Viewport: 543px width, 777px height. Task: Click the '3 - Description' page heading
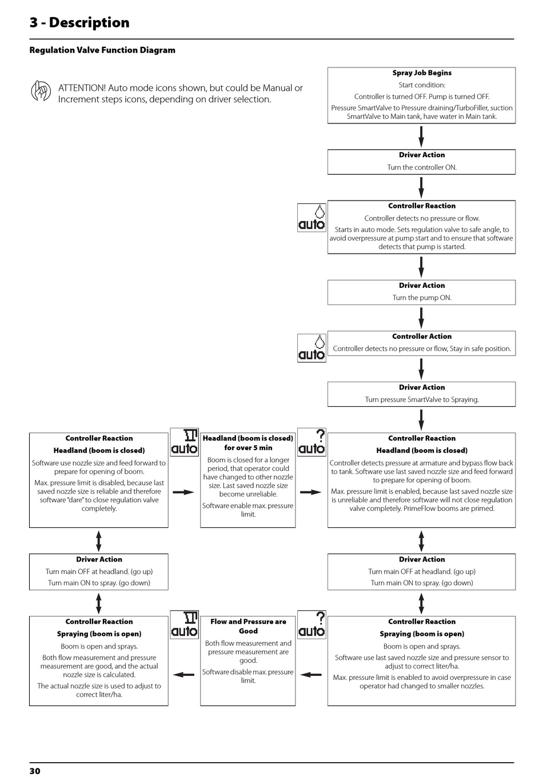[x=79, y=22]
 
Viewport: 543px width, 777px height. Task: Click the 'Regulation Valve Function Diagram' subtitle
[x=102, y=50]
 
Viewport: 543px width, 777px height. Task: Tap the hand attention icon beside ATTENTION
[x=41, y=90]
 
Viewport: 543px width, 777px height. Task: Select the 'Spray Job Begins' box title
[x=422, y=73]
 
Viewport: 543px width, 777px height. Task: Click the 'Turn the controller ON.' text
[x=422, y=167]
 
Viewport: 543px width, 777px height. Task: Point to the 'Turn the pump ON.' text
[x=422, y=298]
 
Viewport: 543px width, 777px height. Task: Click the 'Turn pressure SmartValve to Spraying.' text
[x=422, y=399]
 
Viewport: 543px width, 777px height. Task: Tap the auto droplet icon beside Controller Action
[x=312, y=349]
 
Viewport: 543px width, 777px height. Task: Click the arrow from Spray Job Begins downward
[x=421, y=137]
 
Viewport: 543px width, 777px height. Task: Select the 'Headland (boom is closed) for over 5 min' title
[x=248, y=443]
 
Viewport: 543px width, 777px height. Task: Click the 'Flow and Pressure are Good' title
[x=248, y=626]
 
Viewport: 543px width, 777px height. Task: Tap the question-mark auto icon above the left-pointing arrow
[x=312, y=624]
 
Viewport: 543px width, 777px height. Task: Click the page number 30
[x=35, y=771]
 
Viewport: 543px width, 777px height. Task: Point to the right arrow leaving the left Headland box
[x=183, y=492]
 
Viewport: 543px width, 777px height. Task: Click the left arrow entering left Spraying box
[x=183, y=675]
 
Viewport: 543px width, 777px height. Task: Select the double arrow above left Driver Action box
[x=98, y=541]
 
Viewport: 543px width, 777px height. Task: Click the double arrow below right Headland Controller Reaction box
[x=421, y=541]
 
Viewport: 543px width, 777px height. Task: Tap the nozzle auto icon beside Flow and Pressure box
[x=184, y=624]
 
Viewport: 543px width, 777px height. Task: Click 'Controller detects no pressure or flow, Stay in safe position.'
[x=422, y=349]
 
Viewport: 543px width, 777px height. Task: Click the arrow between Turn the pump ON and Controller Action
[x=421, y=318]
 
